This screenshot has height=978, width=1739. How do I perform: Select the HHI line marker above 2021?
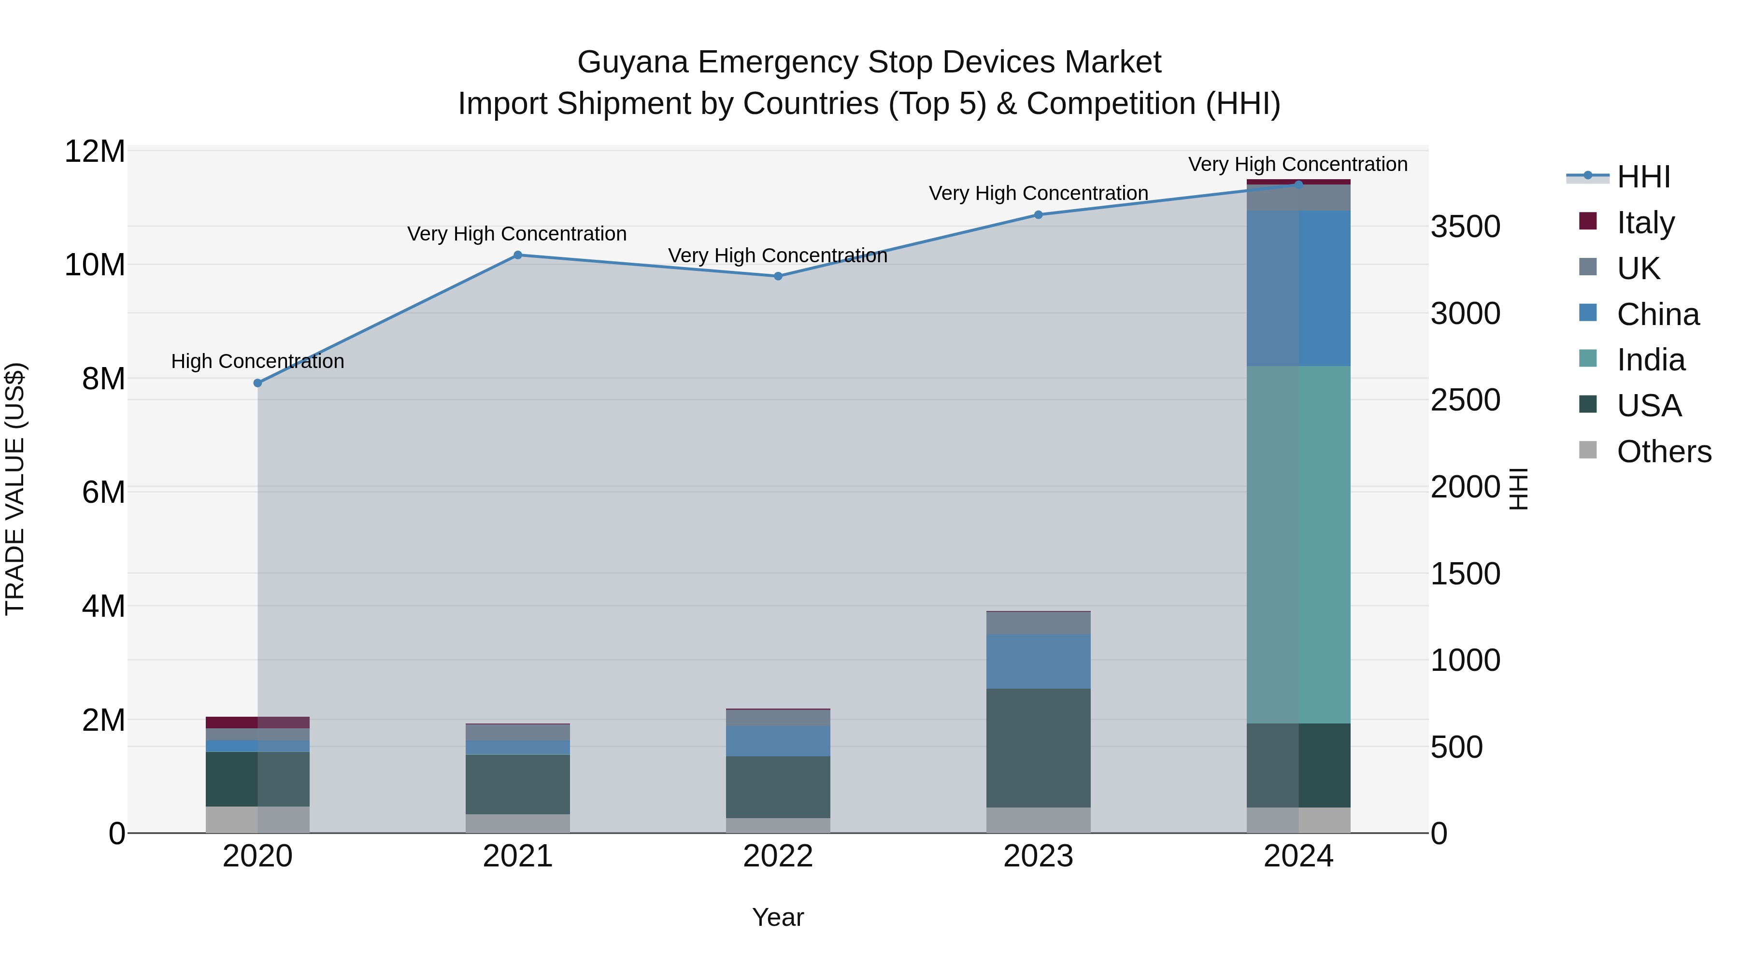pos(518,255)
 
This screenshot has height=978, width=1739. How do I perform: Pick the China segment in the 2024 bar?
pos(1298,288)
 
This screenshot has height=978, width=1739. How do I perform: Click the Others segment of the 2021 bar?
pos(518,823)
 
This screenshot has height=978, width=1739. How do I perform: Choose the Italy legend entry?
pos(1645,222)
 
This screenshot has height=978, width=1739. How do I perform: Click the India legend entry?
pos(1651,360)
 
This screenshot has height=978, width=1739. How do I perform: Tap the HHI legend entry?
pos(1642,177)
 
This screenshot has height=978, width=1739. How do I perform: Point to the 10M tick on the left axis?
pos(95,265)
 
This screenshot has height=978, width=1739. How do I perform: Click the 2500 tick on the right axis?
pos(1465,400)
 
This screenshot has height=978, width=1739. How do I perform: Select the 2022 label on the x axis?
pos(778,856)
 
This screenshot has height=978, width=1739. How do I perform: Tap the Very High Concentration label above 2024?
pos(1297,164)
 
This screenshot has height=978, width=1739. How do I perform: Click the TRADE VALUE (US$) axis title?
pos(15,489)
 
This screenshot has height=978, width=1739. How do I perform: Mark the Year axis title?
pos(778,917)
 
